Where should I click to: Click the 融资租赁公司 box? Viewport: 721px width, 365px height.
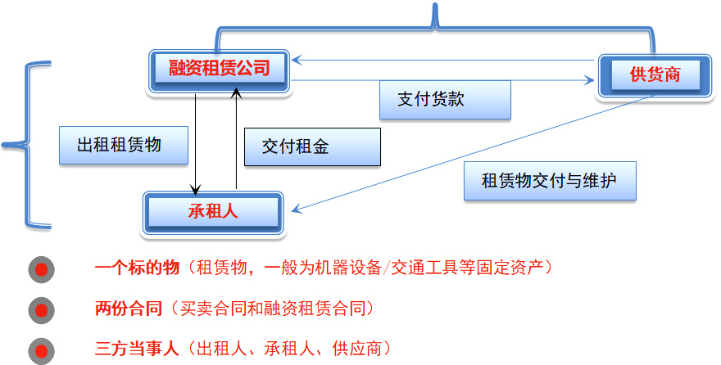[219, 69]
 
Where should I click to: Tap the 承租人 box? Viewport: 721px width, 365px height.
[212, 211]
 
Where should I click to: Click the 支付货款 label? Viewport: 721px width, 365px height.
[445, 99]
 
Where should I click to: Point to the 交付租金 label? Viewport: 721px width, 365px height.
[313, 147]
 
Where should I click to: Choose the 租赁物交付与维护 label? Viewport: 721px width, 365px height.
[550, 180]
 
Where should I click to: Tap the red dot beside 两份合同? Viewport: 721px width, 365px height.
[41, 310]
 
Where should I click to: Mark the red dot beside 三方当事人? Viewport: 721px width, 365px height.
[41, 349]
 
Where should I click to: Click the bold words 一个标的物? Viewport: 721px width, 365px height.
[136, 268]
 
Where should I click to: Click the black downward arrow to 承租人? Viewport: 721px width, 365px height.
[196, 139]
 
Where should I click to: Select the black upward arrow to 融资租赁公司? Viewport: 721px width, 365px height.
[236, 139]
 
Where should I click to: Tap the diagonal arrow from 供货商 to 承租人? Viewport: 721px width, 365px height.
[475, 152]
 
